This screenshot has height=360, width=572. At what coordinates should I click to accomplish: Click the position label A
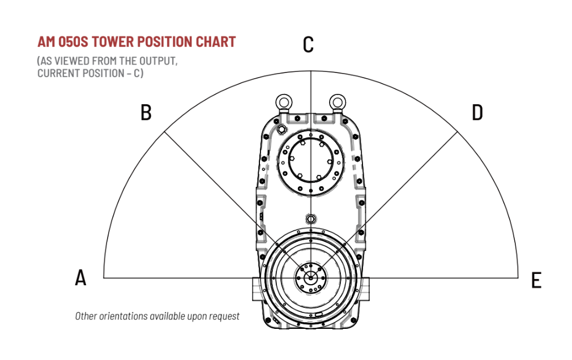[81, 277]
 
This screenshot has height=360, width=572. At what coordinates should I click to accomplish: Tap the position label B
[146, 112]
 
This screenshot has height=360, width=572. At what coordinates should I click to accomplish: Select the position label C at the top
[308, 44]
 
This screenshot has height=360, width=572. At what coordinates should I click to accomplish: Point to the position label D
[477, 112]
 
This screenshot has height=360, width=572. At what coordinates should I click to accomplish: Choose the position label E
[536, 280]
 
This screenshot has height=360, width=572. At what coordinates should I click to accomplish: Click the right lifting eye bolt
[337, 101]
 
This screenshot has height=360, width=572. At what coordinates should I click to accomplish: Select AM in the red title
[46, 42]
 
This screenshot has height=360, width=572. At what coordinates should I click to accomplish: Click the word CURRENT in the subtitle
[58, 74]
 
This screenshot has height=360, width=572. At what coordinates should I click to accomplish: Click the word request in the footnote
[223, 316]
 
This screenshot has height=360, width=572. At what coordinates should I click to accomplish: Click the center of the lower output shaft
[310, 278]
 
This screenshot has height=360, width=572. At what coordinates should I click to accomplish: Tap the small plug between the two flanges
[310, 218]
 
